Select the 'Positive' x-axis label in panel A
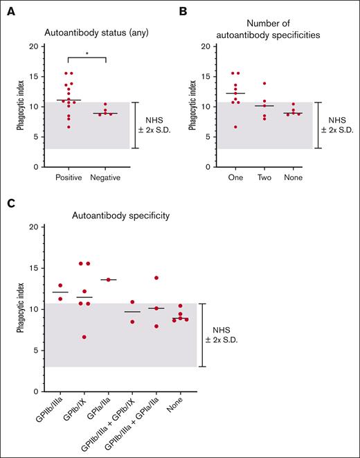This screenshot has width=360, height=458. click(68, 178)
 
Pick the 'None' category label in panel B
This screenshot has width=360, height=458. click(294, 178)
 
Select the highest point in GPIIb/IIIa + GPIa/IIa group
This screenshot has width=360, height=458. click(157, 278)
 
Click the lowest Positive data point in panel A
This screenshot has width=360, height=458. click(68, 127)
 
